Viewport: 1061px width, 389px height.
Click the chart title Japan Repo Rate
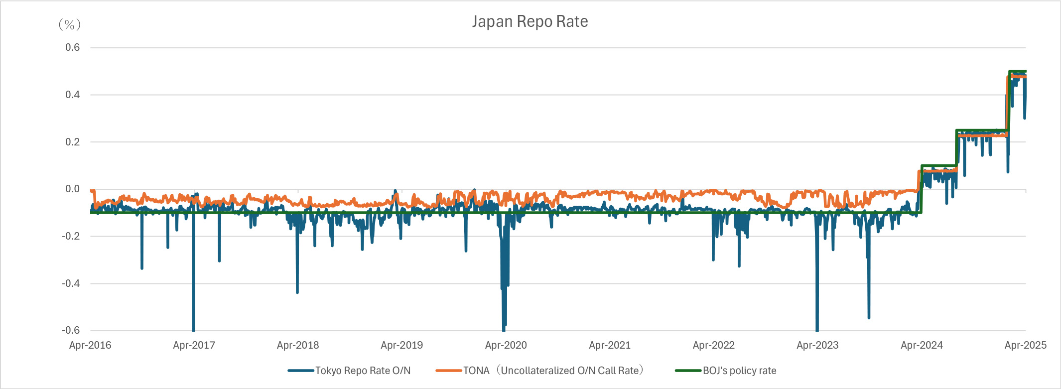530,22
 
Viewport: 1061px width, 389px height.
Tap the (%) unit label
69,24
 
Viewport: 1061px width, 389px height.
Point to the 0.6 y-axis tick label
72,47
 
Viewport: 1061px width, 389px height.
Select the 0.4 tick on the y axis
72,95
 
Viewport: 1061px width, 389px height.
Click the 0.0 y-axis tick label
72,189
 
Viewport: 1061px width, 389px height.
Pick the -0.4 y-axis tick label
71,283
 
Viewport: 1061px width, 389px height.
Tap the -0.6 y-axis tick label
71,330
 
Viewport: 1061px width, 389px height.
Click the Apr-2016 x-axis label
90,345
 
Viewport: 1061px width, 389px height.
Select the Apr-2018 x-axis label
298,345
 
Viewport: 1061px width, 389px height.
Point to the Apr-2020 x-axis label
506,345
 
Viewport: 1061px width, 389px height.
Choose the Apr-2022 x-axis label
713,345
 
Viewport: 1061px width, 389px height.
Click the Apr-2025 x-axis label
1025,345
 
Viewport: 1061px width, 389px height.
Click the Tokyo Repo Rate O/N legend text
363,371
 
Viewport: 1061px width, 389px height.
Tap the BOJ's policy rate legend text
739,371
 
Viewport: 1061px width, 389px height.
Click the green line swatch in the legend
688,371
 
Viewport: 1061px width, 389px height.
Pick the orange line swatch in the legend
448,371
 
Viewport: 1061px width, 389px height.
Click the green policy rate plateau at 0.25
981,130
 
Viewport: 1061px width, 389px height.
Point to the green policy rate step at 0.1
938,165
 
